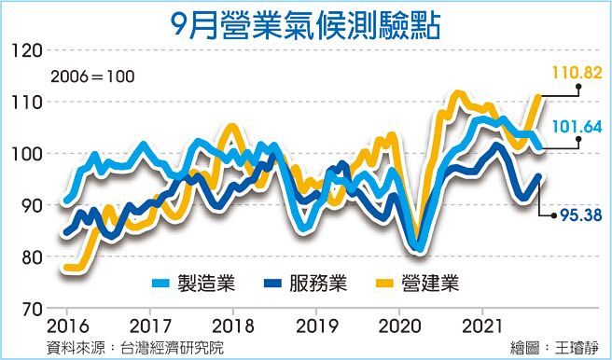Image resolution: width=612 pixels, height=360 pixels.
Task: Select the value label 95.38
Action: (x=578, y=215)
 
